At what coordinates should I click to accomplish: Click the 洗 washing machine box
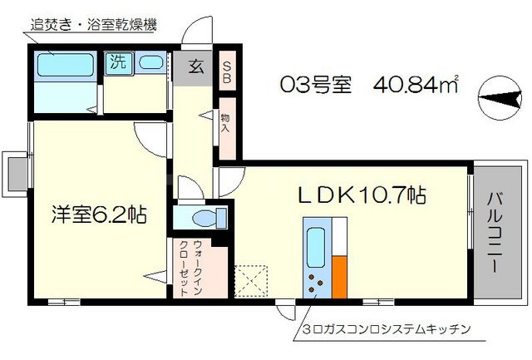pos(116,62)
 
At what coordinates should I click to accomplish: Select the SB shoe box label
pos(226,70)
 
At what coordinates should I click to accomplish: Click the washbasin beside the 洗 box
pos(150,62)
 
